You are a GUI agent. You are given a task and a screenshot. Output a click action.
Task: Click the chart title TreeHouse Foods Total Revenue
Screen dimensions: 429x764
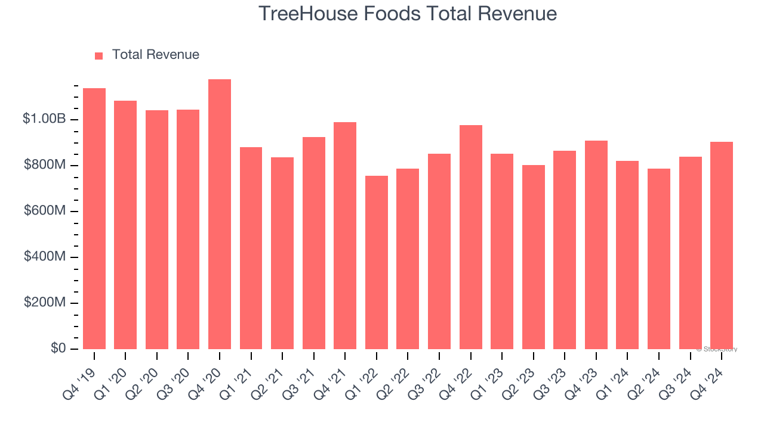408,14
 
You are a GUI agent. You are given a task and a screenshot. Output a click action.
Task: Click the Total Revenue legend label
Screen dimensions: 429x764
155,55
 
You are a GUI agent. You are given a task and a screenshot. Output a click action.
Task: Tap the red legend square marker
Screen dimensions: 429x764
99,55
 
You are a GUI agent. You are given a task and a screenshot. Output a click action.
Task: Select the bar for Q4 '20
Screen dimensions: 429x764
220,214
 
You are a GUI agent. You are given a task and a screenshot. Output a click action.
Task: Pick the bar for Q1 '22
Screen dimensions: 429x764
377,262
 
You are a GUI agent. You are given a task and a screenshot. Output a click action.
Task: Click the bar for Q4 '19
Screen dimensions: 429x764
94,219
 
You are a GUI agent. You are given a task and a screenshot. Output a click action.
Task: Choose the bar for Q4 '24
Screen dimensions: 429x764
722,245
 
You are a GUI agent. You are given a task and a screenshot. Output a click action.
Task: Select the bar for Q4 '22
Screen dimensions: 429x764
471,237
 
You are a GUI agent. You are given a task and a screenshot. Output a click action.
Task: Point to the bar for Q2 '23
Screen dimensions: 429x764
534,257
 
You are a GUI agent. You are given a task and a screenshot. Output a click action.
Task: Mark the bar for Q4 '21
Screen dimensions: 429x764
345,235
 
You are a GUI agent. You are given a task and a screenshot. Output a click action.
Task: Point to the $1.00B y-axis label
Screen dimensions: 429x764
44,119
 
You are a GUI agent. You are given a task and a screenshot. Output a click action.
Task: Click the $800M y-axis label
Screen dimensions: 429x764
45,165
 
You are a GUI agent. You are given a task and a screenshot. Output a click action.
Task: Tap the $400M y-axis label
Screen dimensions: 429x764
45,257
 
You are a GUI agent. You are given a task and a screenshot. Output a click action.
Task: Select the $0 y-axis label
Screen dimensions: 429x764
58,348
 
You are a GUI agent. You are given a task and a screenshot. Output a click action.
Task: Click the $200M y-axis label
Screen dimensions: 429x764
45,303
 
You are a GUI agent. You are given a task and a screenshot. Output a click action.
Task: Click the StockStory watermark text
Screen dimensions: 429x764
717,349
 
